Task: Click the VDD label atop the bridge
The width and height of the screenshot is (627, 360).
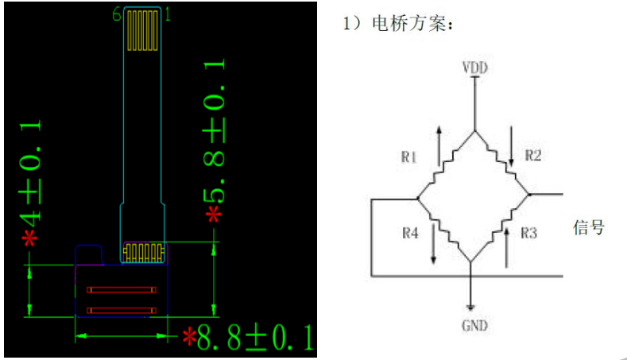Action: (x=474, y=68)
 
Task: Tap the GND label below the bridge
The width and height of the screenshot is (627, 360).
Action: (x=474, y=326)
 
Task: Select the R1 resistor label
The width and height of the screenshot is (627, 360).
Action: (x=409, y=157)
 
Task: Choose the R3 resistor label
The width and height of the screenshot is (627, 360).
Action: (x=530, y=233)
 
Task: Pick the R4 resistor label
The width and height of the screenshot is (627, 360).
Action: (x=409, y=234)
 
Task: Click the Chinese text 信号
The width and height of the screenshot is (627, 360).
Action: (x=589, y=228)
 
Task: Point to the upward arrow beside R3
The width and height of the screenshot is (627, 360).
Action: (x=507, y=246)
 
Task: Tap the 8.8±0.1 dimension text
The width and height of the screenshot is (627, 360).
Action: (x=254, y=339)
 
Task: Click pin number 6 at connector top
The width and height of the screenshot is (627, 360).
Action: (x=116, y=14)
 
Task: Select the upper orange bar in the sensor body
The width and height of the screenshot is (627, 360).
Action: (x=121, y=288)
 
